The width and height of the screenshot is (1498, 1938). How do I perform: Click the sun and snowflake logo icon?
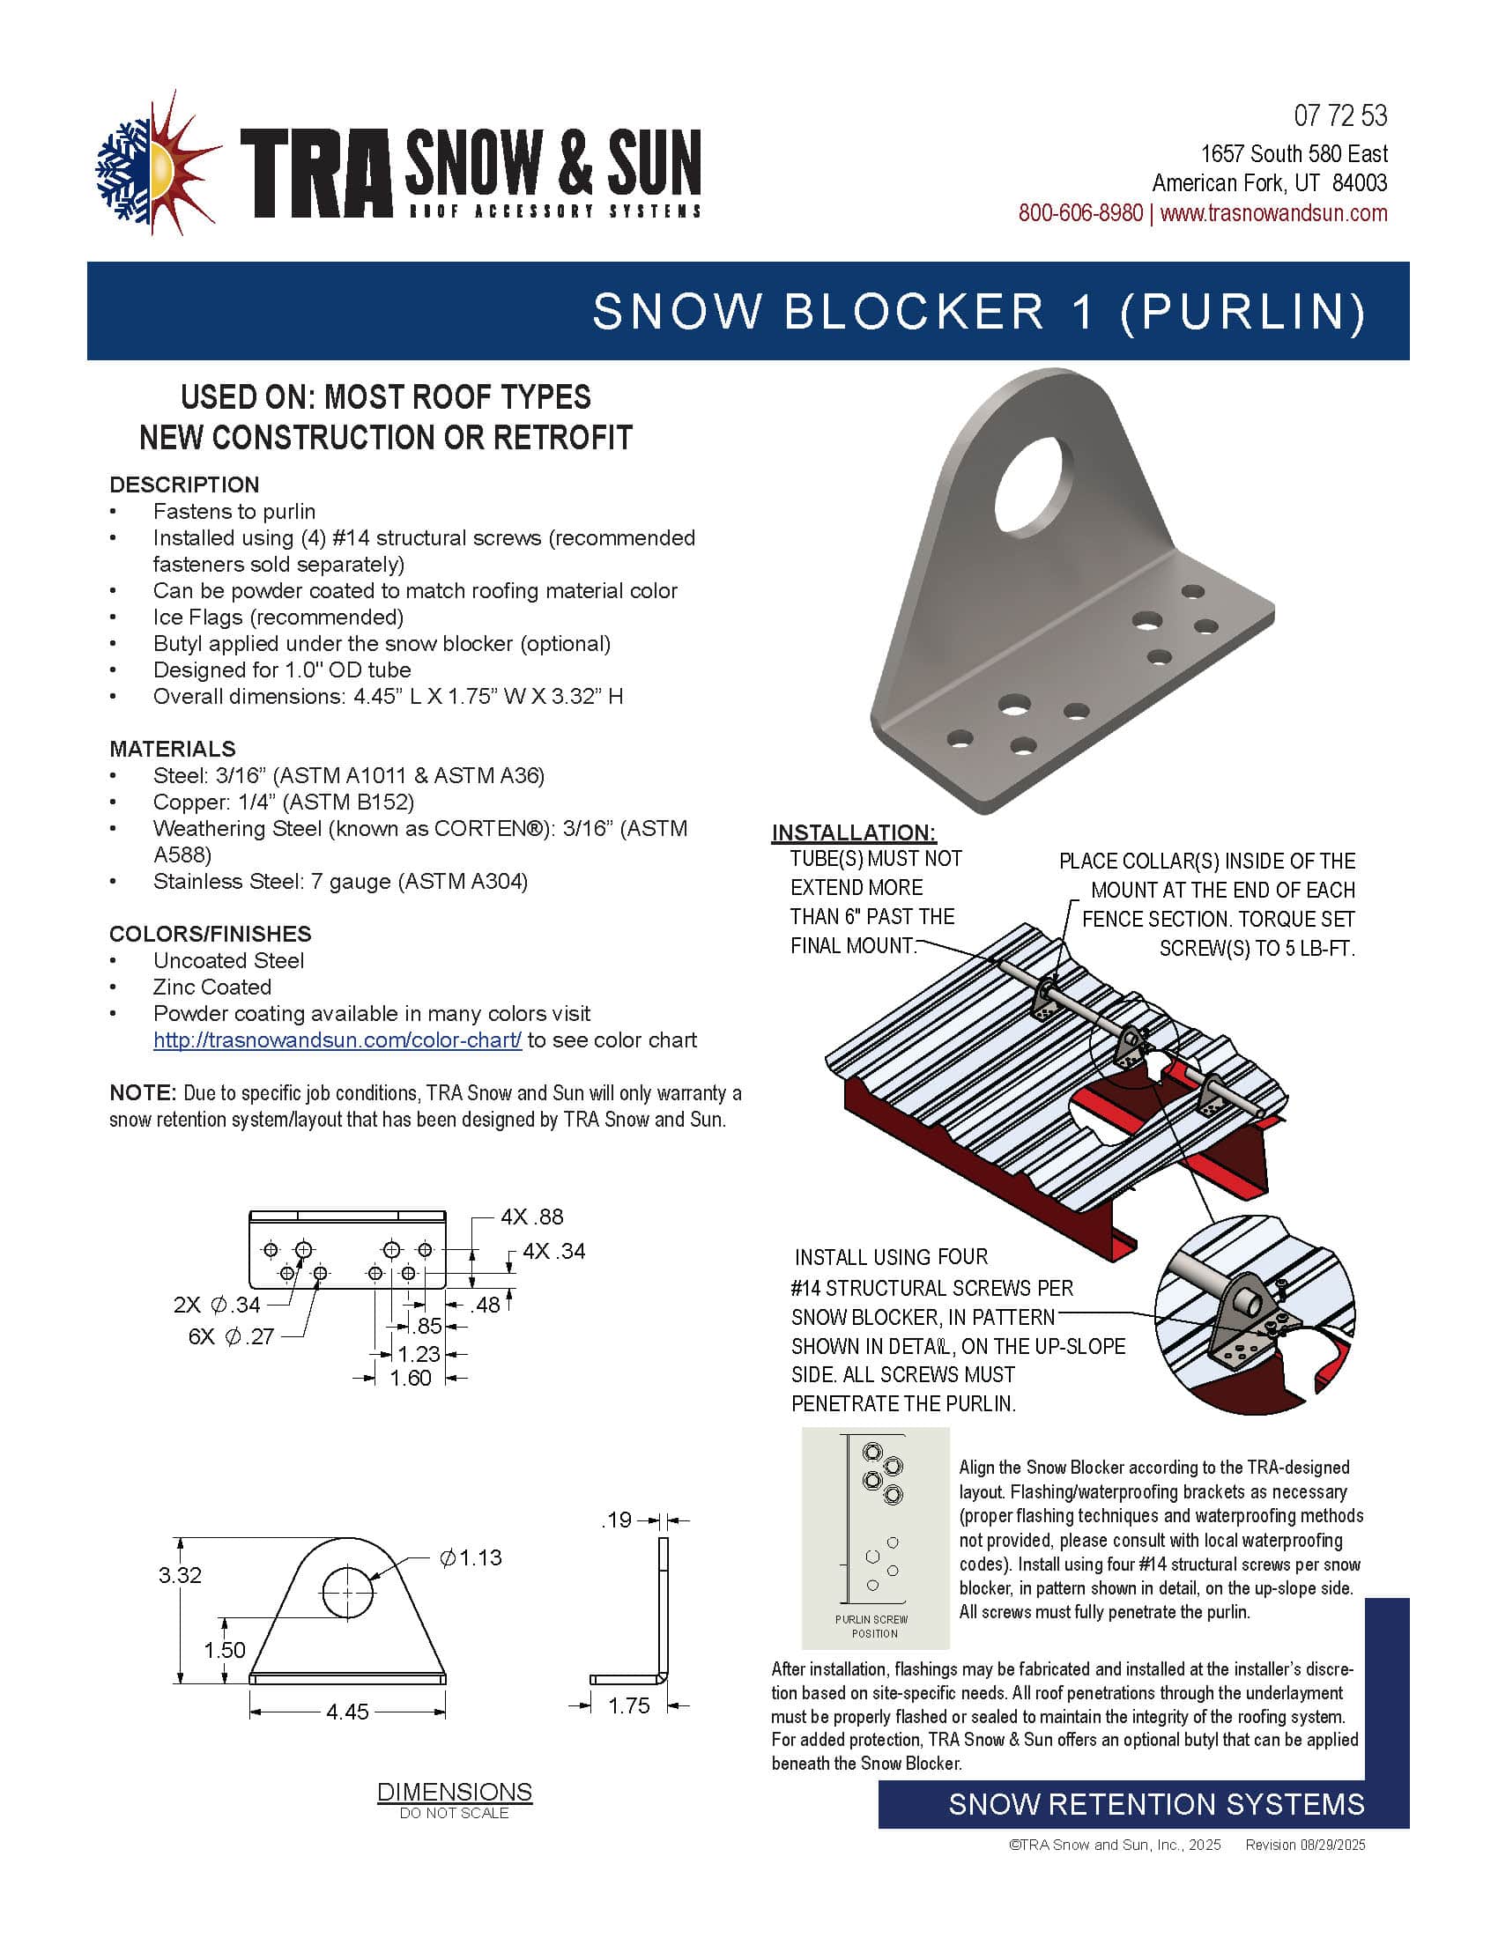157,164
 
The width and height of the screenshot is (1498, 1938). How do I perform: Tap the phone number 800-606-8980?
1080,213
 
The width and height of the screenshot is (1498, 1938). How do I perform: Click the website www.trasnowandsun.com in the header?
1273,213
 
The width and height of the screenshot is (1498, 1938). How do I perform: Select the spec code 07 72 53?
1340,116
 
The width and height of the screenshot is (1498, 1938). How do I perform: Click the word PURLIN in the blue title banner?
1251,312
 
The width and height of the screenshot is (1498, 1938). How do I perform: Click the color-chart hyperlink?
337,1040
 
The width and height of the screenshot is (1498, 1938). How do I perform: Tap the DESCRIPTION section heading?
184,485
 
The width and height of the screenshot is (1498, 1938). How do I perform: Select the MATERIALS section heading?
172,748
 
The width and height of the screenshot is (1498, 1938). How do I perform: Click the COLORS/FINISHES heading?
211,934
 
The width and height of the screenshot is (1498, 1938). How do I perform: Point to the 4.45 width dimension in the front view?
347,1711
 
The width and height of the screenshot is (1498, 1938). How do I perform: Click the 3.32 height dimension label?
180,1575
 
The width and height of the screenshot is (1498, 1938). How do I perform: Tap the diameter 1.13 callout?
471,1557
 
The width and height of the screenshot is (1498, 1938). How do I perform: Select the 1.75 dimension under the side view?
628,1705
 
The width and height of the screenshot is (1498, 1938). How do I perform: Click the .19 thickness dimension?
617,1520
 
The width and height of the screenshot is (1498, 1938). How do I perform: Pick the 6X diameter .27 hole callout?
232,1336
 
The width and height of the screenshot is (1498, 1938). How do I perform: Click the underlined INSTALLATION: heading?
854,832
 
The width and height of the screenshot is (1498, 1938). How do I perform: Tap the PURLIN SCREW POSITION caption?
873,1626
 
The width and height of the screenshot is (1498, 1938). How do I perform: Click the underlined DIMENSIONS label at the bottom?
455,1792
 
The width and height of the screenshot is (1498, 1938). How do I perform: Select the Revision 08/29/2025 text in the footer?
1304,1845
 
